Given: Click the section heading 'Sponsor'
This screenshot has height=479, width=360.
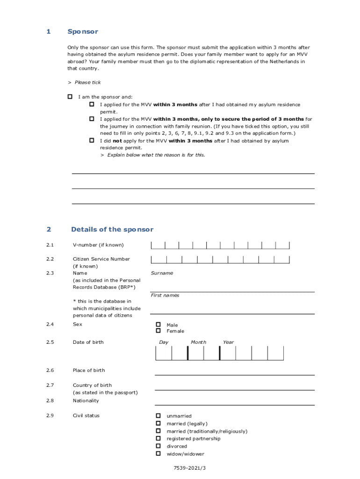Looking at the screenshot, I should click(83, 31).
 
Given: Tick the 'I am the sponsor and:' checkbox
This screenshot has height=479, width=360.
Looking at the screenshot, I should click(70, 97).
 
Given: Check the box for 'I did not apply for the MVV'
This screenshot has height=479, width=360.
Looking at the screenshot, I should click(92, 140).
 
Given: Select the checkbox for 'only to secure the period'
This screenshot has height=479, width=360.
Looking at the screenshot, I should click(92, 119).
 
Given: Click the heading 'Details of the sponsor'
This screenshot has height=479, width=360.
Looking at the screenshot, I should click(112, 229).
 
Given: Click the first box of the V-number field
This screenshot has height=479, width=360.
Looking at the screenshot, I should click(158, 245).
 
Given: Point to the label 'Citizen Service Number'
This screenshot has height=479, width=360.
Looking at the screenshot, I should click(101, 259).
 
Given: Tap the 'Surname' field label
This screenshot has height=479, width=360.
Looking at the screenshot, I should click(162, 273).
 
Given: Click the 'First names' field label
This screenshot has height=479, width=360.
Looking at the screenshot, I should click(165, 295).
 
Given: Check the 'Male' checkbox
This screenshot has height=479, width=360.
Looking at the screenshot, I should click(158, 325).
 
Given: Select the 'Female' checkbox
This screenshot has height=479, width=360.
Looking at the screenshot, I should click(158, 331).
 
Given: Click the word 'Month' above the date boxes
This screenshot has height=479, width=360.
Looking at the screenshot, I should click(198, 342).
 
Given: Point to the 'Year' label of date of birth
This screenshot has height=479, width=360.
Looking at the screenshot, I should click(228, 342).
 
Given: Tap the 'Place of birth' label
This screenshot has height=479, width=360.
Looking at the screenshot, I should click(89, 370).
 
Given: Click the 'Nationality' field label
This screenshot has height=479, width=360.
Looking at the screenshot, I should click(86, 400).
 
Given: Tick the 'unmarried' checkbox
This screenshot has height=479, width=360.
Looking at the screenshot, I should click(158, 415).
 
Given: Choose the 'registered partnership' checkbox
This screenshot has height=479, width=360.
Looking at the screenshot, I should click(158, 438).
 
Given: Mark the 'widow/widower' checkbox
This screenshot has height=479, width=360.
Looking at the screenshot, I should click(158, 453).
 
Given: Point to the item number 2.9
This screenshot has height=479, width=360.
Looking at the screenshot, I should click(50, 415).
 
